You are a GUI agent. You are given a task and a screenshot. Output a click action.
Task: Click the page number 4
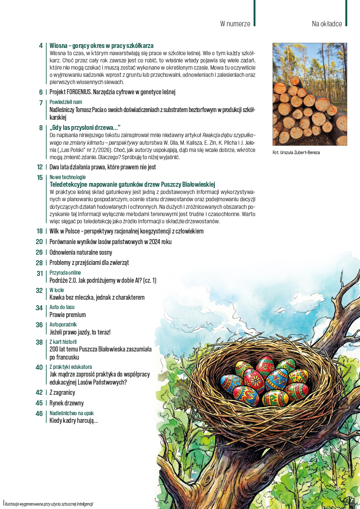(x=40, y=45)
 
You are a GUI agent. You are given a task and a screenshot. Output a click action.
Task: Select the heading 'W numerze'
(x=235, y=24)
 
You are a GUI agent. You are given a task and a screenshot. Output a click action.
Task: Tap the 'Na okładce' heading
(x=326, y=24)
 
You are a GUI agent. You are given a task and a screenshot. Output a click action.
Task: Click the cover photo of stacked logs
(x=309, y=94)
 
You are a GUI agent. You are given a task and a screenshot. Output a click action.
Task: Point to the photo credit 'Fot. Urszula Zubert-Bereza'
(x=296, y=152)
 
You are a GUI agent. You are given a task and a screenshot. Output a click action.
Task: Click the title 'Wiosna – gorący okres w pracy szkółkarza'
(x=101, y=45)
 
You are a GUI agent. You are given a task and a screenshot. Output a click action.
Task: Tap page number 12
(x=39, y=167)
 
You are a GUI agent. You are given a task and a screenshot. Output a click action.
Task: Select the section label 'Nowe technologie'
(x=67, y=177)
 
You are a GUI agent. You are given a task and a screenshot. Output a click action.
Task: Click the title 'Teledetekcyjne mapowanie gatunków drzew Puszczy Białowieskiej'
(x=132, y=184)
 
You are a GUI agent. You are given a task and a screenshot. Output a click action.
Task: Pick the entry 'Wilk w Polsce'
(x=127, y=231)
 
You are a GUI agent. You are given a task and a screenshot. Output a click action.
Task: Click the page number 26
(x=39, y=252)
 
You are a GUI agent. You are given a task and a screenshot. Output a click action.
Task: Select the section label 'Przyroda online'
(x=65, y=273)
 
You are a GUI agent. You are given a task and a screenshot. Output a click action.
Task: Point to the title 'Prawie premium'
(x=67, y=315)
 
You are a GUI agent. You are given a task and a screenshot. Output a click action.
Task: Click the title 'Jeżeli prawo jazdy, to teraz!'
(x=80, y=332)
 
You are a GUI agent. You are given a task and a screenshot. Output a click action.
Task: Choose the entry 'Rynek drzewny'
(x=67, y=403)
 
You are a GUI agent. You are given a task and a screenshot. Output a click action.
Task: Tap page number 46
(x=39, y=413)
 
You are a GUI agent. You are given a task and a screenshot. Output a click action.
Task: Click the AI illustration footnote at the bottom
(x=49, y=503)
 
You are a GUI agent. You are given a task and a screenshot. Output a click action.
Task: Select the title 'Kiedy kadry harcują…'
(x=74, y=421)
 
